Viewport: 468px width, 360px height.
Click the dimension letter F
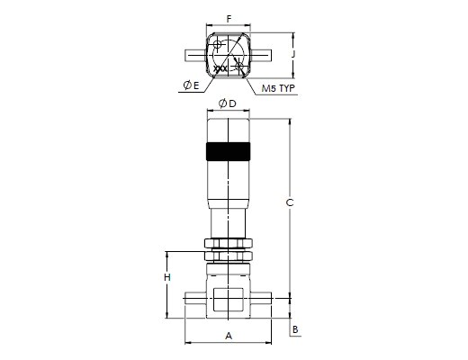pyautogui.click(x=229, y=19)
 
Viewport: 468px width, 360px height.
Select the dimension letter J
pyautogui.click(x=293, y=54)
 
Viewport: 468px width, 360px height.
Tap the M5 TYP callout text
pyautogui.click(x=278, y=88)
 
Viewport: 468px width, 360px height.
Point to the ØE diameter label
pyautogui.click(x=191, y=85)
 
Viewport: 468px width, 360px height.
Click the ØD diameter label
pyautogui.click(x=228, y=103)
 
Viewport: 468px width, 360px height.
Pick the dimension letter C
pyautogui.click(x=290, y=203)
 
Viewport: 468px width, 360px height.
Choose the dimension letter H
pyautogui.click(x=167, y=277)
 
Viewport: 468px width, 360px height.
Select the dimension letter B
pyautogui.click(x=295, y=329)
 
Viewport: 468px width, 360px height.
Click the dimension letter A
pyautogui.click(x=229, y=336)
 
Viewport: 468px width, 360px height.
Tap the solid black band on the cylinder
pyautogui.click(x=229, y=151)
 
